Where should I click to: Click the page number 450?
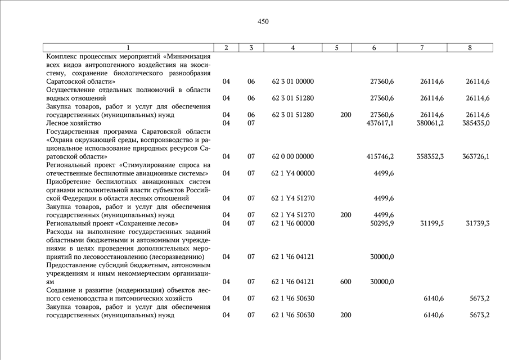pos(263,22)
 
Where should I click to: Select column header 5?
pos(336,48)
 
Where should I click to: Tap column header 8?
pos(470,48)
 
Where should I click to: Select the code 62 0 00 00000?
pos(292,156)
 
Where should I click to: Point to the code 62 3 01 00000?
pos(292,82)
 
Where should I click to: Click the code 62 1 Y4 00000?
pos(292,173)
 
